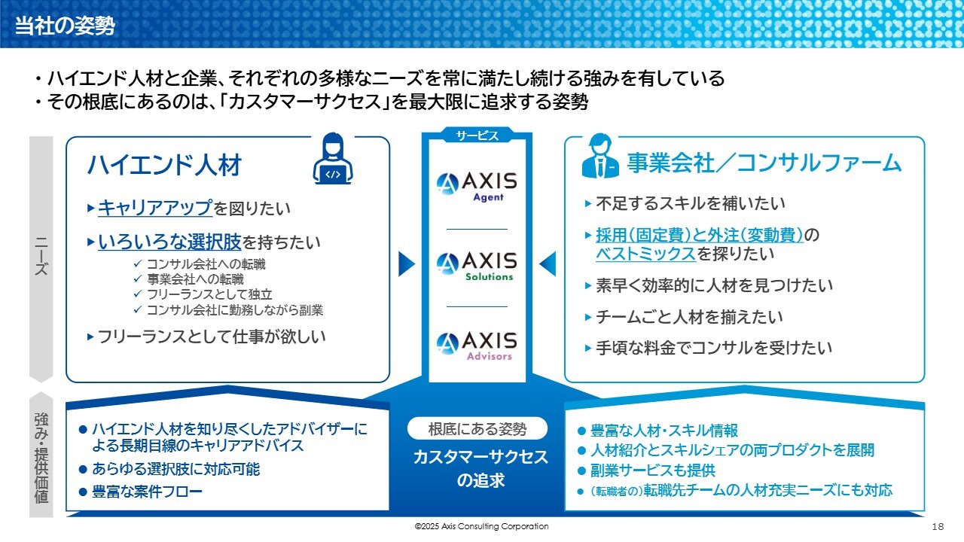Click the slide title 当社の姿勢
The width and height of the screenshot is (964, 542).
65,26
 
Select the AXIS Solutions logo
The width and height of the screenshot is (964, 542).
477,266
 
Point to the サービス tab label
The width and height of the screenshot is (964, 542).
477,136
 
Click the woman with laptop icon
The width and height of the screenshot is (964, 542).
333,159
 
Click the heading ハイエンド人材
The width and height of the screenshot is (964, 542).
164,165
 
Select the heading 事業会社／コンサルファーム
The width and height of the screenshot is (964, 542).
764,163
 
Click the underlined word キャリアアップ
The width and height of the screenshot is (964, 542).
155,208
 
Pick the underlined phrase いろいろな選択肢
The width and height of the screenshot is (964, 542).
169,242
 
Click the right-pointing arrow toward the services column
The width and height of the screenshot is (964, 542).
407,263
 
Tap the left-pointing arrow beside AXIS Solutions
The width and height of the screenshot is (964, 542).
548,263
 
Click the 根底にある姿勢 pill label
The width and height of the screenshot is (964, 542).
477,429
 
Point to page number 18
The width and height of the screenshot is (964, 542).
938,526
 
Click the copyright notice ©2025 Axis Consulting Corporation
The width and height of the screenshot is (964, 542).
481,526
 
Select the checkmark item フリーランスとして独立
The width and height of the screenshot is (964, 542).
209,294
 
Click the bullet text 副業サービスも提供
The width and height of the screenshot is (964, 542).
652,470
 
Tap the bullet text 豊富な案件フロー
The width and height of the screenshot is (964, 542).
147,492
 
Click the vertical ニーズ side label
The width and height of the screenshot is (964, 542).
41,256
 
